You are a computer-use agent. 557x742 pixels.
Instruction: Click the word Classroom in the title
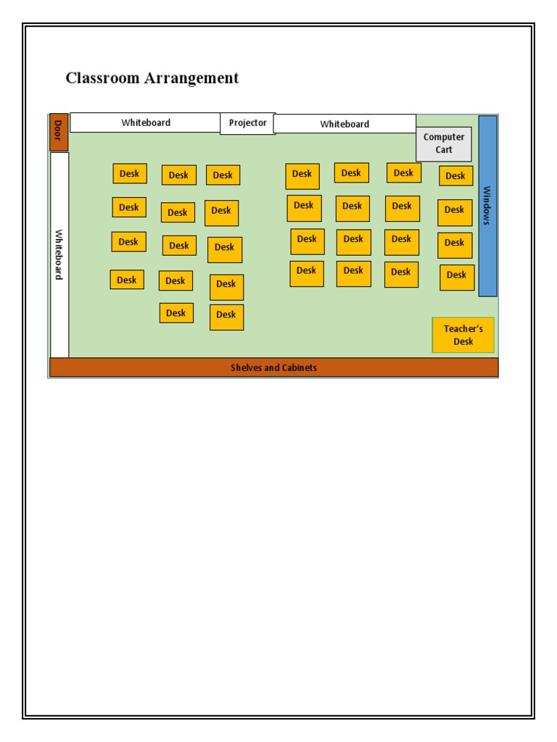tap(102, 78)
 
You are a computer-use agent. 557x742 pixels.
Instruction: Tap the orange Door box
tap(59, 133)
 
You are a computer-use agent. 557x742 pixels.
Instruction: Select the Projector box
tap(247, 123)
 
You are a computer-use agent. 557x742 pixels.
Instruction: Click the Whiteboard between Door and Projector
tap(145, 122)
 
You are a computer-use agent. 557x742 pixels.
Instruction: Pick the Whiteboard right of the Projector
tap(344, 124)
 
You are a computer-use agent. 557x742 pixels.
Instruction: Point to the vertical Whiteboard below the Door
tap(59, 254)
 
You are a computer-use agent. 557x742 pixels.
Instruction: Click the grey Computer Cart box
tap(444, 143)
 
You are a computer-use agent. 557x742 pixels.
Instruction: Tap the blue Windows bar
tap(487, 206)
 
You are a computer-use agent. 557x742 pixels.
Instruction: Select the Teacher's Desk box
tap(463, 335)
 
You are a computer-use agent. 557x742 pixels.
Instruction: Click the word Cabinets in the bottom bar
tap(299, 367)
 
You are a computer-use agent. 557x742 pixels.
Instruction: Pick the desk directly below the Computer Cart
tap(455, 176)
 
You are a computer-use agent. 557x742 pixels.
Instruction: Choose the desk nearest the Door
tap(130, 174)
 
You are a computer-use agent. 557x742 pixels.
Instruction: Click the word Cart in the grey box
tap(444, 150)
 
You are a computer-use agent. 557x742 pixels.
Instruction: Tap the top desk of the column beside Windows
tap(455, 176)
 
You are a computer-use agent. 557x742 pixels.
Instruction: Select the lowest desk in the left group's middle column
tap(176, 313)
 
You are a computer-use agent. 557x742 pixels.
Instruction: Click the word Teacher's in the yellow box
tap(463, 329)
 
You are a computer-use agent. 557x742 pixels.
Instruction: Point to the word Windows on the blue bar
tap(487, 206)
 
